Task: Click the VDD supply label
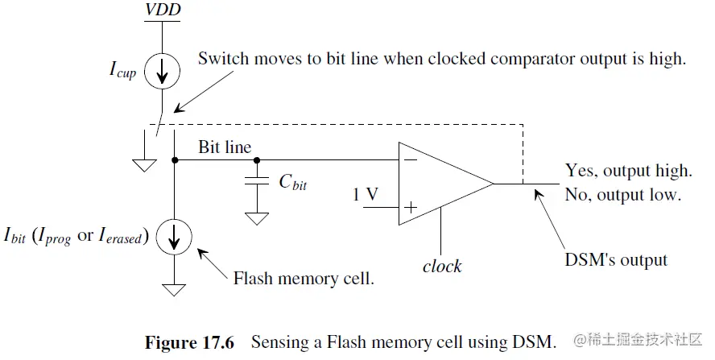click(x=163, y=10)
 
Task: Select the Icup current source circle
click(x=163, y=71)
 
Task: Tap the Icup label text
click(x=122, y=70)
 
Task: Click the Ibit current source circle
click(x=174, y=237)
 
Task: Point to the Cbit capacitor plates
click(x=257, y=180)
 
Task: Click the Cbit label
click(x=293, y=182)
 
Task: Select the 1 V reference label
click(x=366, y=194)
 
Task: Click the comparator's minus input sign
click(x=411, y=159)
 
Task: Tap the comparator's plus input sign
click(x=411, y=208)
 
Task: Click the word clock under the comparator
click(x=442, y=266)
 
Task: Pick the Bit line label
click(x=225, y=147)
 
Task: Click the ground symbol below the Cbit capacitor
click(x=257, y=219)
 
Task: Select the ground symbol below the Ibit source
click(x=174, y=290)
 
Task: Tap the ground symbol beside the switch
click(x=145, y=165)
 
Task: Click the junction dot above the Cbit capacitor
click(x=257, y=160)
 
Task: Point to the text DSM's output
click(x=616, y=259)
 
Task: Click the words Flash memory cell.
click(x=304, y=278)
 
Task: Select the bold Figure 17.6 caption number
click(x=189, y=342)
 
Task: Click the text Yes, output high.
click(x=629, y=171)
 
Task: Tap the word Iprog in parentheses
click(x=54, y=236)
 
